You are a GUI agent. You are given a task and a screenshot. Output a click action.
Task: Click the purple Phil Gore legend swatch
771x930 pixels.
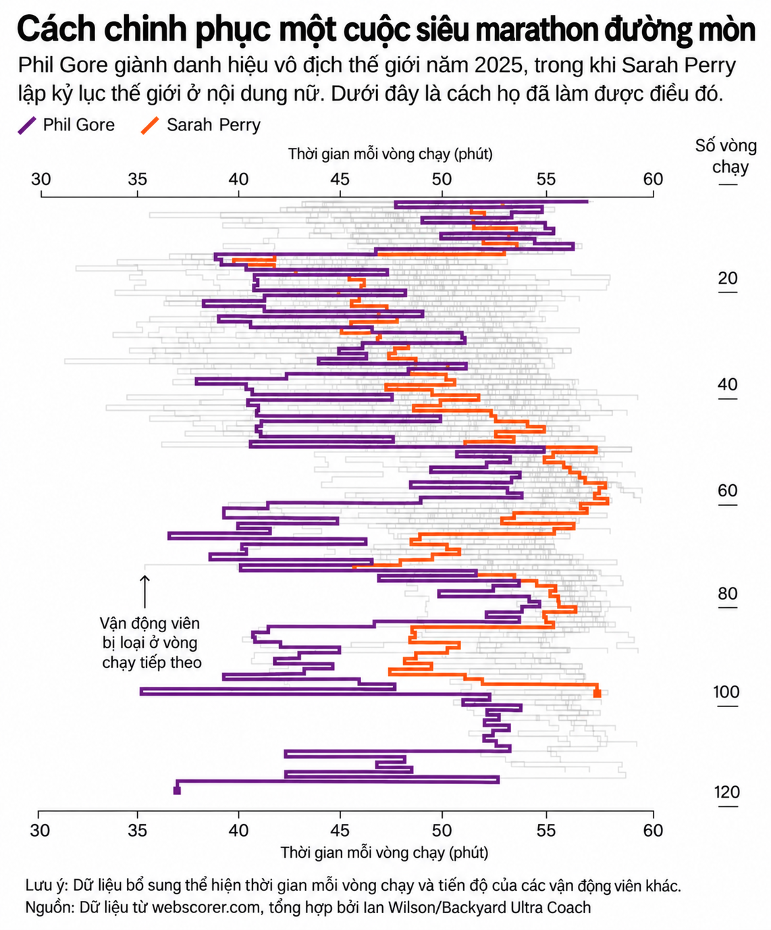pos(27,125)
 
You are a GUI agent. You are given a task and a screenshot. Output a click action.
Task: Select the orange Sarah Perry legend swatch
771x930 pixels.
pos(150,125)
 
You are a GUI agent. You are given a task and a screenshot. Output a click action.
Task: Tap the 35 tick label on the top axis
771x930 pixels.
pos(137,179)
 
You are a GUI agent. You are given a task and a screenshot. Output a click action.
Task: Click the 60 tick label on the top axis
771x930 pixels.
pos(653,179)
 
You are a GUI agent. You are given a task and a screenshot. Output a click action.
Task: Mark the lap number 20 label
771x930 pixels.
pos(727,278)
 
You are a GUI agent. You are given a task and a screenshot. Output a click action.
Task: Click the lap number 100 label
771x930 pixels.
pos(726,692)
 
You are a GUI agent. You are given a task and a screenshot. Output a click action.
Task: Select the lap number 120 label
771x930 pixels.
pos(727,792)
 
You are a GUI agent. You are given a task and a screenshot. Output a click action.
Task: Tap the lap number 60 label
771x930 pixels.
pos(727,490)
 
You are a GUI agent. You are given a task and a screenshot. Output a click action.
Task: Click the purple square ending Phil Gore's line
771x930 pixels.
pos(177,791)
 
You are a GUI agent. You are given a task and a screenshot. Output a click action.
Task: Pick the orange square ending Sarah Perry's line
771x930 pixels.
pos(597,694)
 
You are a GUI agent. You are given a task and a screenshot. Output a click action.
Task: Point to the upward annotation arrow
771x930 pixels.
pos(144,592)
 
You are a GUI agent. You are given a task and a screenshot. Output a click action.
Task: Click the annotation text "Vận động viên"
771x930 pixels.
pos(150,623)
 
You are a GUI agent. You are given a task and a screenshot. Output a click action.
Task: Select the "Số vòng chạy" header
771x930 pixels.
pos(726,156)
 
